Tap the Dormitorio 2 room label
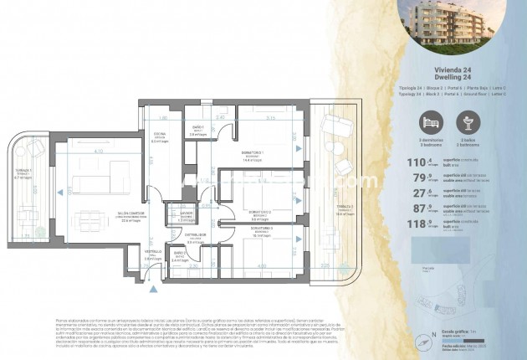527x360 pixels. [x=258, y=214]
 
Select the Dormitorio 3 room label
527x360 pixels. [x=262, y=229]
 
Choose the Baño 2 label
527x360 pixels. [x=178, y=252]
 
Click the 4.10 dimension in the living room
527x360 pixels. [x=98, y=152]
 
